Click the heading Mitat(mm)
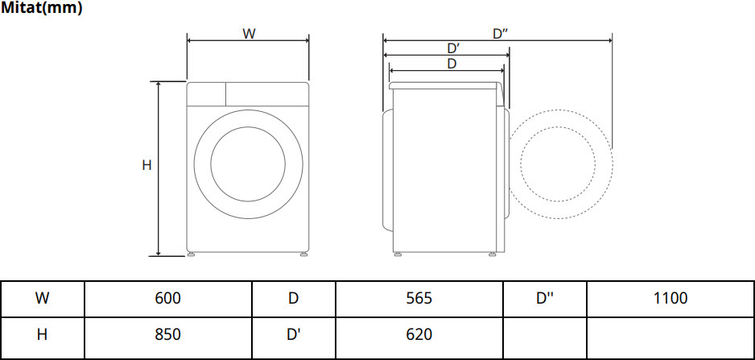pos(41,8)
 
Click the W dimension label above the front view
pos(249,34)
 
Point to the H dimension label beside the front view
pos(146,165)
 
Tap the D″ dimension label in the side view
pos(501,34)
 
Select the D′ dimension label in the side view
pos(454,48)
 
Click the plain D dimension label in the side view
pos(452,64)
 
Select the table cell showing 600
pos(168,298)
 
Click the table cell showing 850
pos(168,334)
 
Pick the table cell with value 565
pos(419,298)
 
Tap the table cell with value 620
pos(419,334)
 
